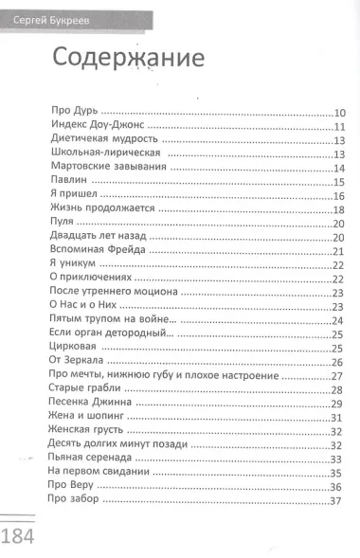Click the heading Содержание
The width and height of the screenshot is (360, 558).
[129, 57]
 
